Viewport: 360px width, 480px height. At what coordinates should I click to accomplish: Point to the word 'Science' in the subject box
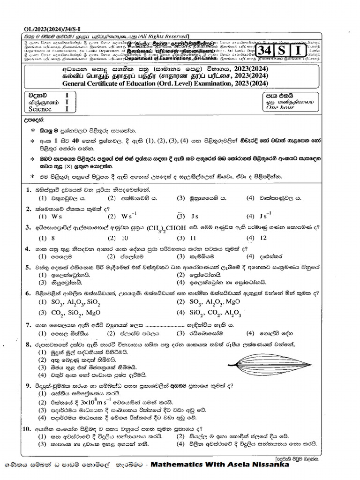40,109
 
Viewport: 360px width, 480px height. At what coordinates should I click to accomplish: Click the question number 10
27,428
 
